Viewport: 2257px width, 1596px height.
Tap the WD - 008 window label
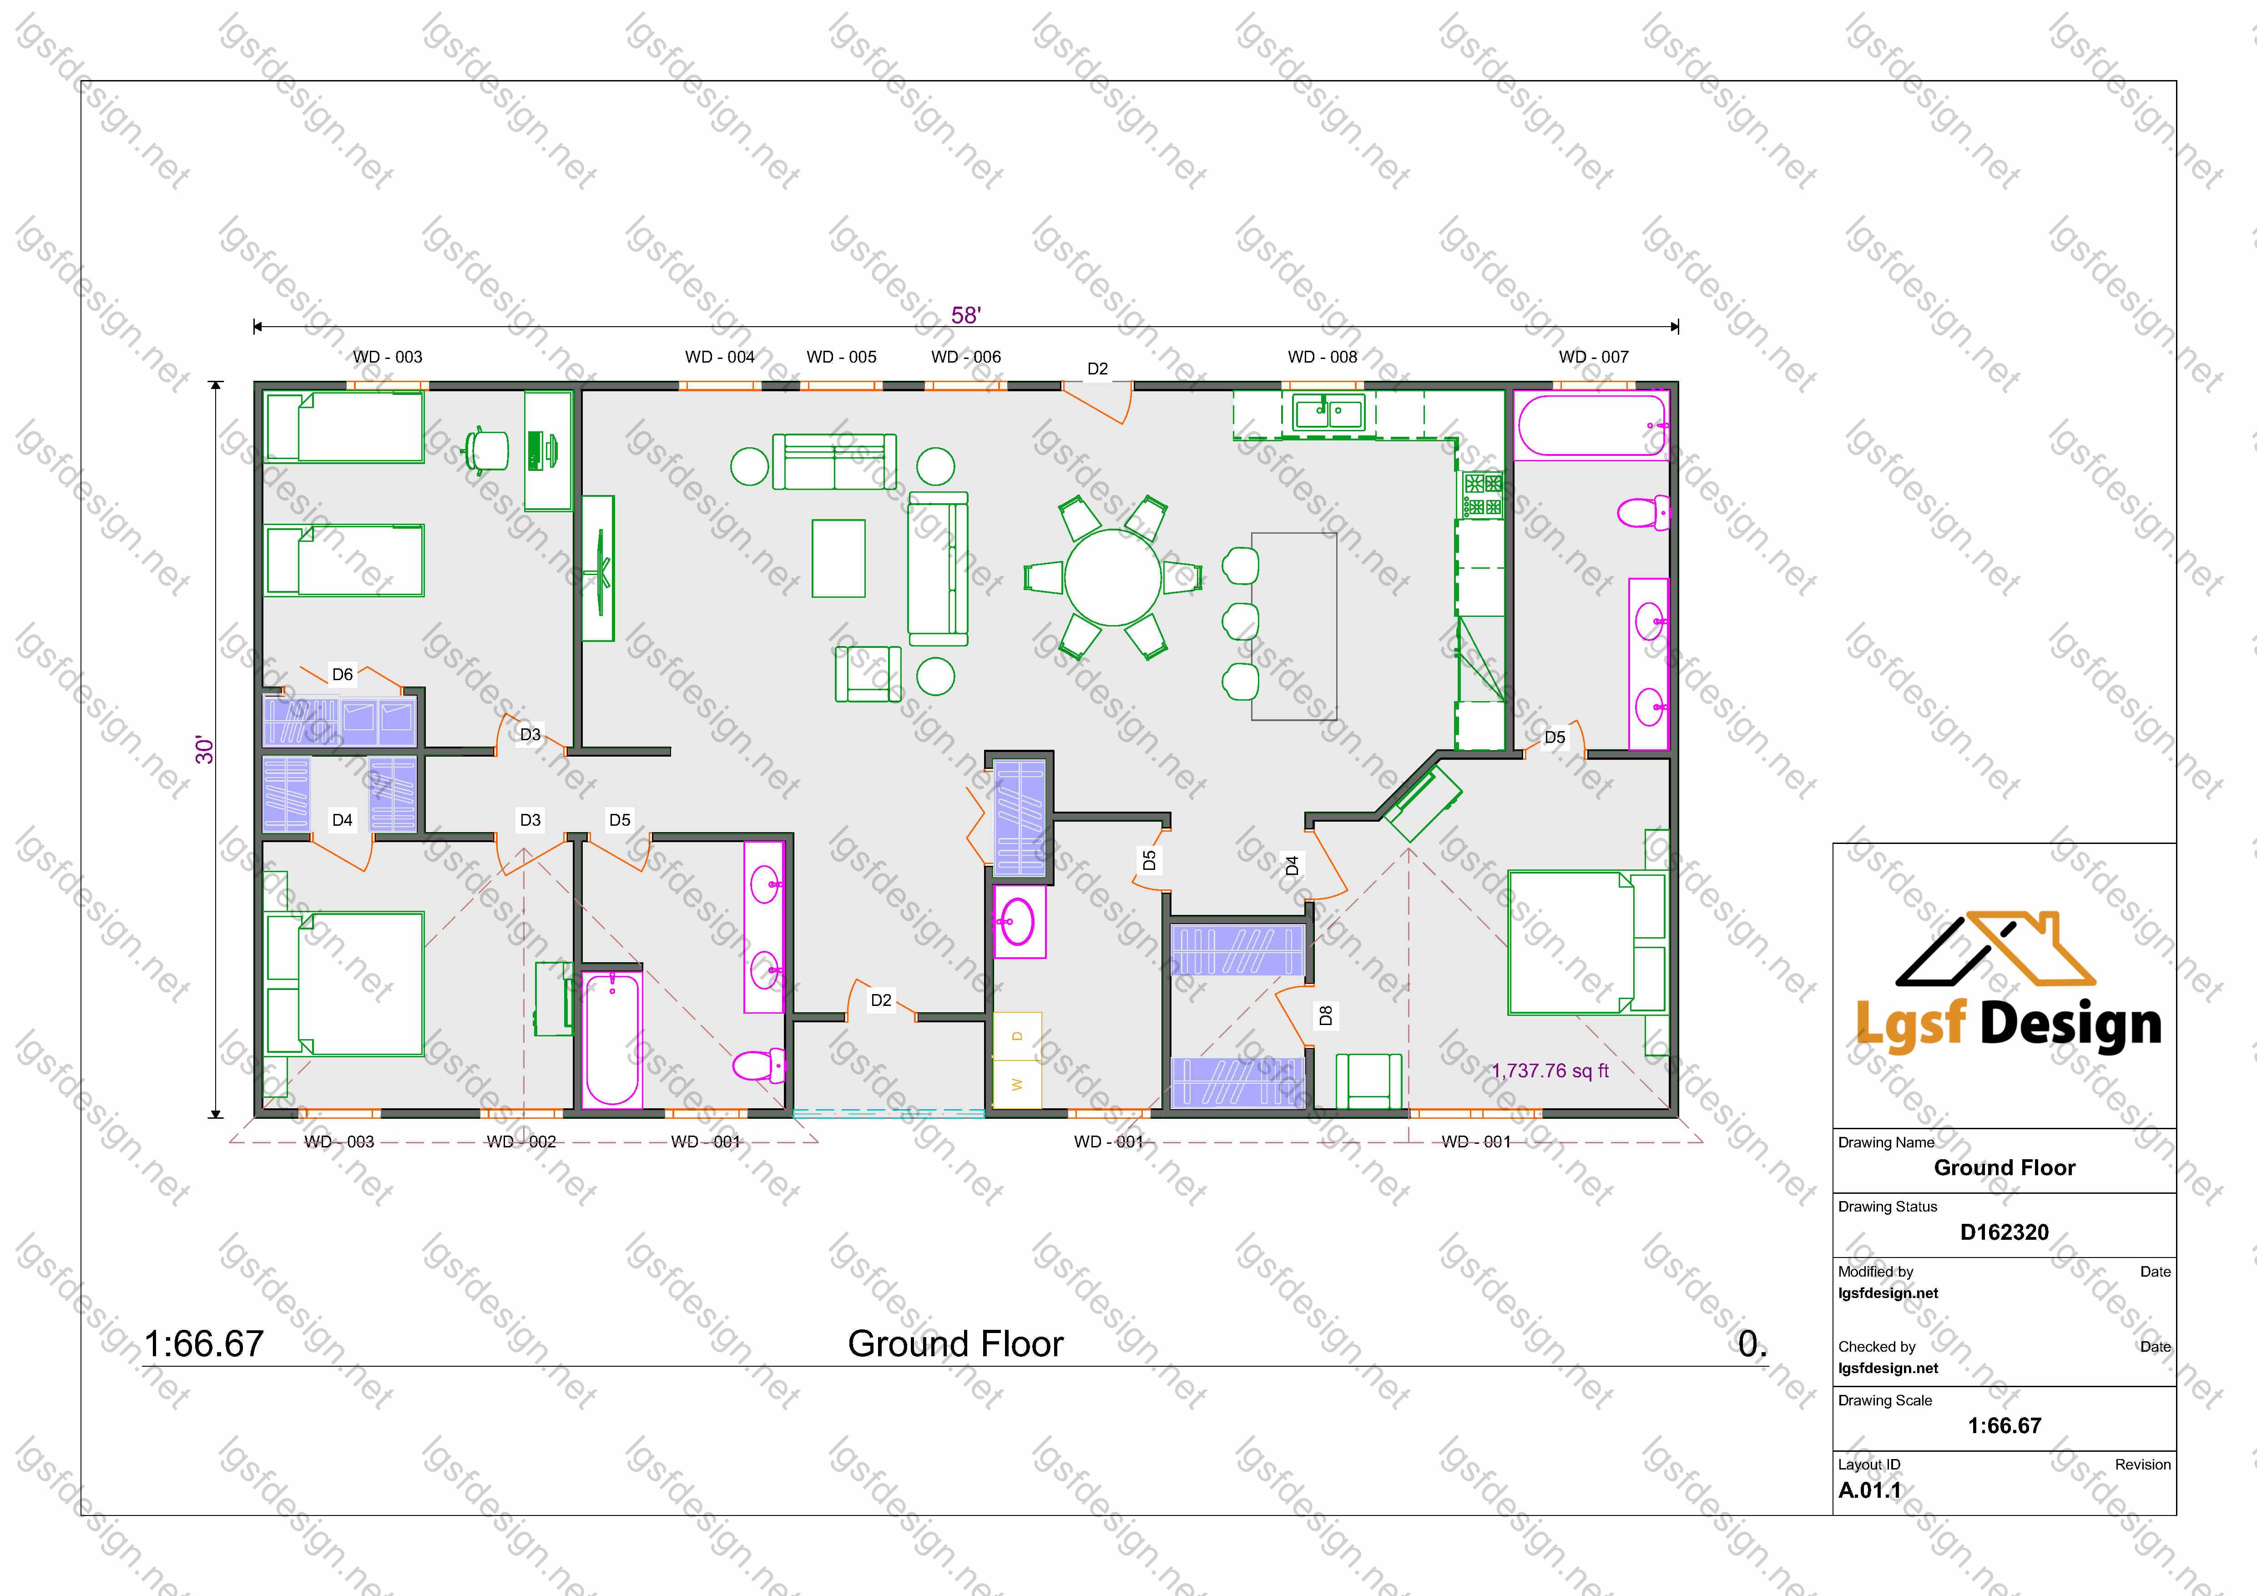point(1322,357)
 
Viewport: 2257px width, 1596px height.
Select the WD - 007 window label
point(1594,357)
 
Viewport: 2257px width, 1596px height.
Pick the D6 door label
point(342,674)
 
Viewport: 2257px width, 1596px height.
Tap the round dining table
point(1113,578)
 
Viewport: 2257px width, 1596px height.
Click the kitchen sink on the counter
point(1328,412)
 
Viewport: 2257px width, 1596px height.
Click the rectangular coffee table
point(838,558)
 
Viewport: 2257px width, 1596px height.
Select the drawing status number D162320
point(2005,1232)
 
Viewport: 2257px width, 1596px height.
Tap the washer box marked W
point(1017,1085)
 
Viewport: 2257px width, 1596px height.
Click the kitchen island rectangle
point(1294,626)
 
